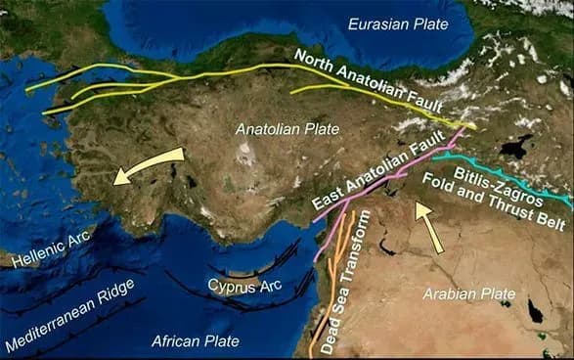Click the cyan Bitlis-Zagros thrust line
click(508, 173)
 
